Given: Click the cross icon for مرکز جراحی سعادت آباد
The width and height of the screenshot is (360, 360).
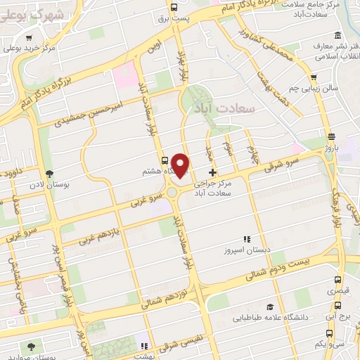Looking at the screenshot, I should click(212, 172).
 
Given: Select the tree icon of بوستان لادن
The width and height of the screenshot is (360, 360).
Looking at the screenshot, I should click(49, 173).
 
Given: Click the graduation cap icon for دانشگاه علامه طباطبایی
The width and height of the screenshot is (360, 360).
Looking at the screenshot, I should click(270, 307).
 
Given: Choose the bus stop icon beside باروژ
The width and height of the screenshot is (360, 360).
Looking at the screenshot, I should click(331, 137).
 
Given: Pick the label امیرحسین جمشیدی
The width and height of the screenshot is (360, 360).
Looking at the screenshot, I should click(91, 111).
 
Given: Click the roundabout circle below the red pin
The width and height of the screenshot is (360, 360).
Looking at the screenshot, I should click(171, 191).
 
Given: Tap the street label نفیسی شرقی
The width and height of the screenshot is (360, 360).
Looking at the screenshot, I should click(179, 341).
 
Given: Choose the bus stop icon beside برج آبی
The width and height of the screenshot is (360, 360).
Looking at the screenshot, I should click(338, 306).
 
